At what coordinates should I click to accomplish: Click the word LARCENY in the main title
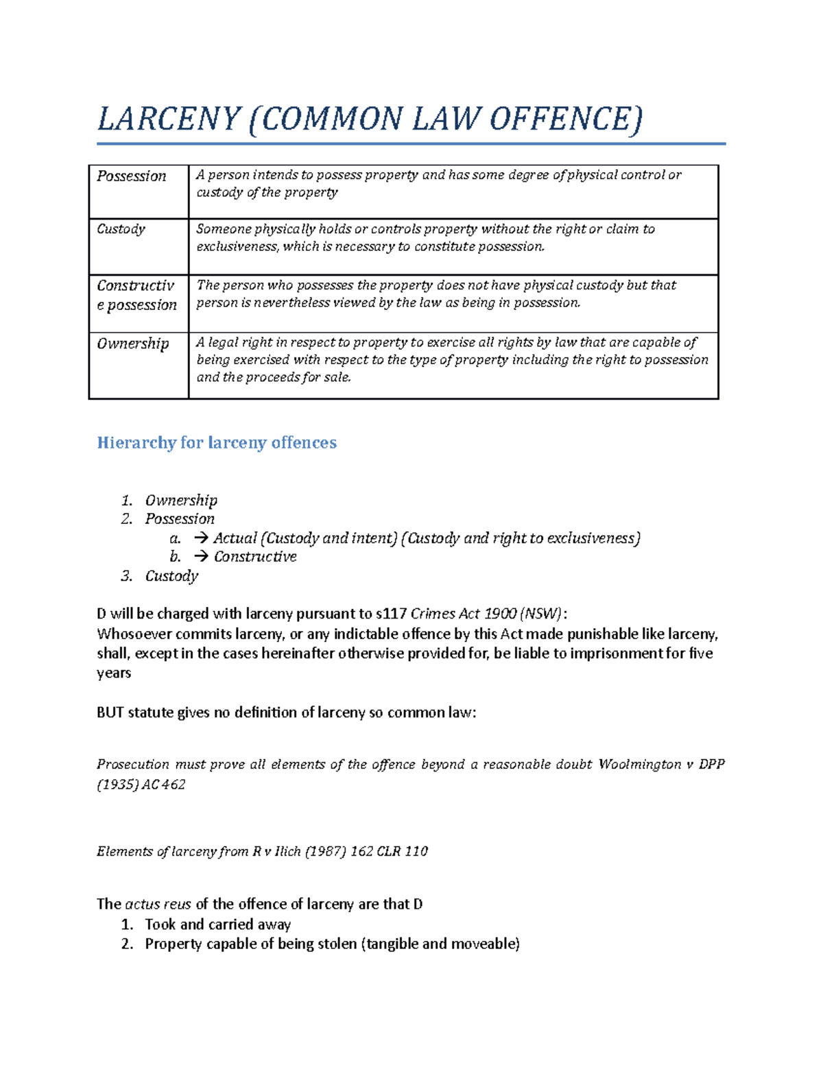click(169, 119)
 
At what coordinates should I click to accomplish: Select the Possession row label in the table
click(132, 176)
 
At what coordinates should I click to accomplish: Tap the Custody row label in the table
click(121, 229)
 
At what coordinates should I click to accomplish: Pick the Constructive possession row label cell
click(136, 295)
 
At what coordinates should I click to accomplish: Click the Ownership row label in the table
click(133, 344)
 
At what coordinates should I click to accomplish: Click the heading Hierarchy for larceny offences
click(217, 443)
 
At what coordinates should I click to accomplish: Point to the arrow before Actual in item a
click(201, 538)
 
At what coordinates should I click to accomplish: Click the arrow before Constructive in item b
click(201, 557)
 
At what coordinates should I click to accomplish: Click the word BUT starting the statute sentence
click(110, 713)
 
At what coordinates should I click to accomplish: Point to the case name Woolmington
click(640, 765)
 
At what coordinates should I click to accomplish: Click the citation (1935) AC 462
click(141, 785)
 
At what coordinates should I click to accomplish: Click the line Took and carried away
click(217, 924)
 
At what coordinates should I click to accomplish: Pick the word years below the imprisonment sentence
click(114, 673)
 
